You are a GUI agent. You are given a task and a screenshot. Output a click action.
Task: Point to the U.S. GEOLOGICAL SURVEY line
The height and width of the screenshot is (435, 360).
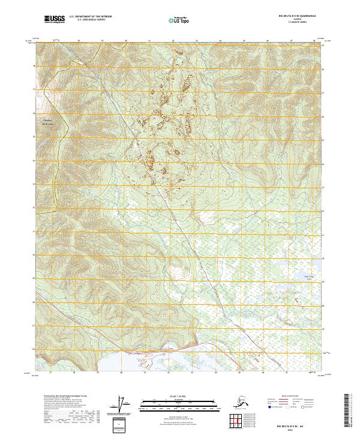[x=86, y=21]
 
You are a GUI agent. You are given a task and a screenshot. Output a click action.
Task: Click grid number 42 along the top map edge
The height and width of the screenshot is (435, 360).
[x=173, y=41]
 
